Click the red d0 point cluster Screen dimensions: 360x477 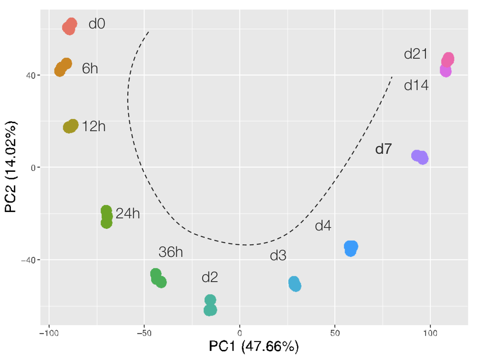pyautogui.click(x=70, y=26)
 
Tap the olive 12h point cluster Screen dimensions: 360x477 pyautogui.click(x=71, y=126)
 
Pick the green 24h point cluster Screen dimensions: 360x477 pyautogui.click(x=106, y=217)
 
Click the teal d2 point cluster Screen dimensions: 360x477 pyautogui.click(x=210, y=306)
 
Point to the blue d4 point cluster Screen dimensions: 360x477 pyautogui.click(x=351, y=248)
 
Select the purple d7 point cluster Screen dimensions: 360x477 pyautogui.click(x=420, y=157)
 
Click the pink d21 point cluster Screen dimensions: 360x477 pyautogui.click(x=448, y=60)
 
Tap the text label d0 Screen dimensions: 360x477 pyautogui.click(x=97, y=24)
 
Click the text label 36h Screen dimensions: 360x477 pyautogui.click(x=170, y=252)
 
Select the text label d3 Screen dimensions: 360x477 pyautogui.click(x=278, y=256)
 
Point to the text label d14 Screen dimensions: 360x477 pyautogui.click(x=416, y=85)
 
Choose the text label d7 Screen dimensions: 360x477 pyautogui.click(x=383, y=149)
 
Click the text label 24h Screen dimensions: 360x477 pyautogui.click(x=128, y=214)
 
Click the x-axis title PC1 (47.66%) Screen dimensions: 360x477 pyautogui.click(x=254, y=347)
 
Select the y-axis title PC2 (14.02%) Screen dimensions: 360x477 pyautogui.click(x=11, y=167)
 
